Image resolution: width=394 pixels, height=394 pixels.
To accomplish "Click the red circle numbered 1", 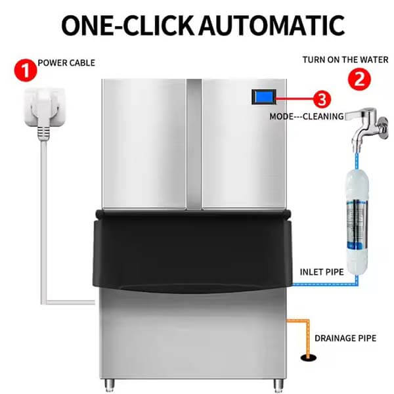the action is point(26,70).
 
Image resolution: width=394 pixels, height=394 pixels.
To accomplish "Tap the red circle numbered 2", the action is point(359,79).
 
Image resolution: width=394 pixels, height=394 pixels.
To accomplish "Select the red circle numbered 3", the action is point(322,99).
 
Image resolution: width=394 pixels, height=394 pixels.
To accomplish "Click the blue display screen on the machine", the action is point(264,97).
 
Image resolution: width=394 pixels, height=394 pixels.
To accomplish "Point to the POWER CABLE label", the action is point(66,63).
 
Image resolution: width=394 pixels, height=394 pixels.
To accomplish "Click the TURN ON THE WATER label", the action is point(345,60).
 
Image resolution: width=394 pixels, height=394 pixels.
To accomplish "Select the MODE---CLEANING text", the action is point(307,117).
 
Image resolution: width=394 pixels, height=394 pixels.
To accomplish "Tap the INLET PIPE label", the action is point(322,272).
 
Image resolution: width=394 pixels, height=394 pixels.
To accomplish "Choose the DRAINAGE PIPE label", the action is point(345,338).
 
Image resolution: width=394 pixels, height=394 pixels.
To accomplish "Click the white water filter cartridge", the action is point(357,221).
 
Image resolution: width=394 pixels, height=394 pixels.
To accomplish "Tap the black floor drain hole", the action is point(309,358).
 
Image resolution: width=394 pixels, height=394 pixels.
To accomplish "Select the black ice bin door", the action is point(192,252).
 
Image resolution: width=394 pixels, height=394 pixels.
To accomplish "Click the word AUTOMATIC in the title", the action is point(272,26).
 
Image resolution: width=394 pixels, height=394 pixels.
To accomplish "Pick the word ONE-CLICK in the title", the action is point(127,26).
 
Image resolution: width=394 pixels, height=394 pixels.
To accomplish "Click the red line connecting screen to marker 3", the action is point(294,98).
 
